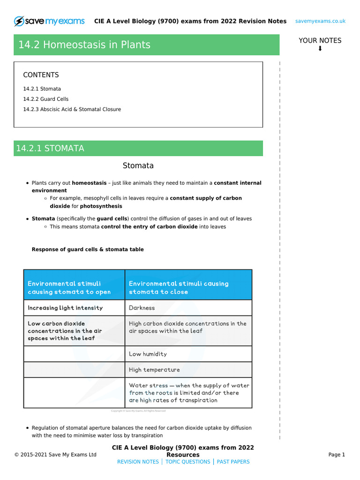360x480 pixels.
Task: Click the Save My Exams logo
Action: tap(49, 21)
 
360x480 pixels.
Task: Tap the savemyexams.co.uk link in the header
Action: tap(320, 21)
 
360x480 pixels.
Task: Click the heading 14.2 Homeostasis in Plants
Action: tap(84, 45)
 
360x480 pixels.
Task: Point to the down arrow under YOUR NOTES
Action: tap(320, 49)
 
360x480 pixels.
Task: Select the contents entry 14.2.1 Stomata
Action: tap(42, 89)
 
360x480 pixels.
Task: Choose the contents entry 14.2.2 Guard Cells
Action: tap(45, 99)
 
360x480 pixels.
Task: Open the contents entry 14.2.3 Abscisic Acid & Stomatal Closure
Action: tap(72, 109)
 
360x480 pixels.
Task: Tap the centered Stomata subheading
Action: tap(138, 165)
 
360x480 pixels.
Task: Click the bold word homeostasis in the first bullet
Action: tap(89, 183)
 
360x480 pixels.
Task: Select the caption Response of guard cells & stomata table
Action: tap(88, 249)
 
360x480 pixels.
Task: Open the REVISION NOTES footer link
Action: tap(138, 462)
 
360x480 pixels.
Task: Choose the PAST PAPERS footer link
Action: tap(233, 462)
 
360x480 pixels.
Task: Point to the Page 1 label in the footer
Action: tap(337, 455)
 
